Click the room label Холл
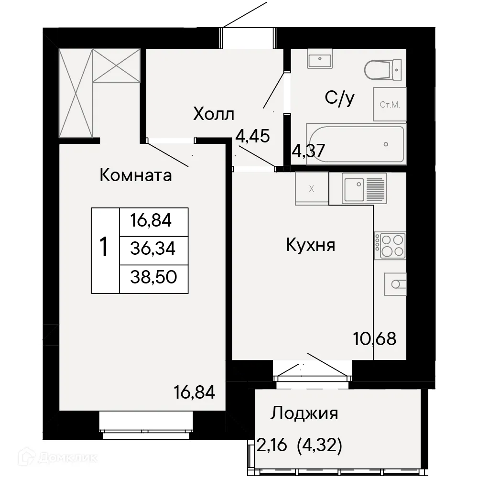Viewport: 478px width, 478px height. [214, 115]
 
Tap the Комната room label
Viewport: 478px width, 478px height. [135, 175]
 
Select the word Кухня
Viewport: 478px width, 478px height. [310, 246]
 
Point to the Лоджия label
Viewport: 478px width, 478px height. [304, 413]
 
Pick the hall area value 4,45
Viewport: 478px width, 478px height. [253, 136]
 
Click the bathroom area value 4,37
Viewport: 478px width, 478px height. [308, 151]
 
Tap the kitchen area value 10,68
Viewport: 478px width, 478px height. [375, 339]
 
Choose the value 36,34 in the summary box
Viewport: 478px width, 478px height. [154, 249]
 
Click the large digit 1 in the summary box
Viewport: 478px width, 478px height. [104, 249]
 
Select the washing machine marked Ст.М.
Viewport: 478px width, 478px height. [390, 104]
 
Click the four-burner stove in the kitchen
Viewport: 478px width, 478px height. [390, 246]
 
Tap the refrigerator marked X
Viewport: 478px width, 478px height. [312, 188]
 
